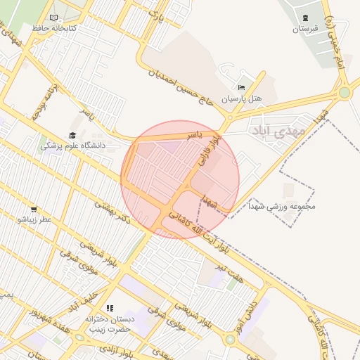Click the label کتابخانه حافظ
[x=53, y=28]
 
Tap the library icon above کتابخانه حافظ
[x=54, y=18]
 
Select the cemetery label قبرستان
[x=306, y=29]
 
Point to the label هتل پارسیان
[x=242, y=99]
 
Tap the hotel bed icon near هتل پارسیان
[x=242, y=88]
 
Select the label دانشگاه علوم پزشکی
[x=72, y=146]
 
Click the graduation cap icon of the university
[x=72, y=135]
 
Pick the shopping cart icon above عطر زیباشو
[x=34, y=210]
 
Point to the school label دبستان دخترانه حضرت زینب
[x=109, y=324]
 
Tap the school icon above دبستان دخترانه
[x=109, y=308]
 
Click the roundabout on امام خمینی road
[x=345, y=93]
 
